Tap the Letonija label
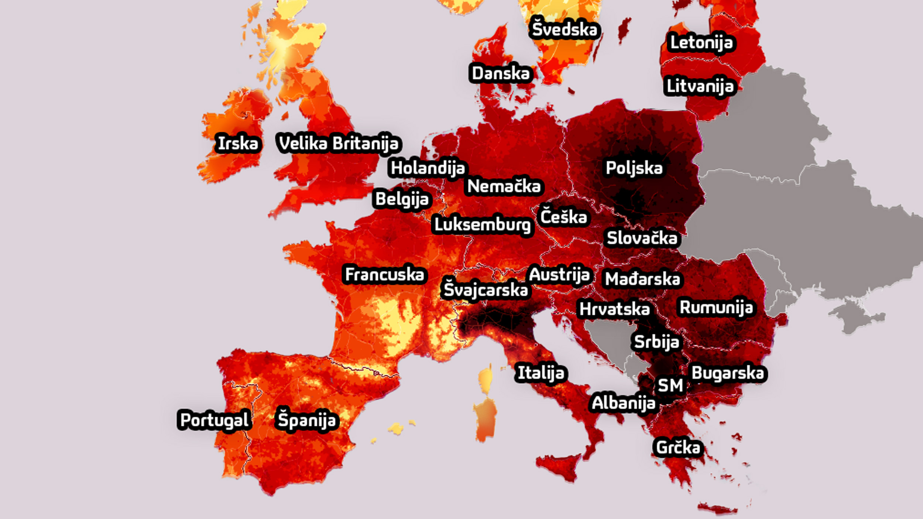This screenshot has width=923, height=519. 701,43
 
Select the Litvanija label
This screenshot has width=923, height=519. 700,86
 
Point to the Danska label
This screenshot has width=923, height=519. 501,73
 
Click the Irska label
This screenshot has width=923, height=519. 238,143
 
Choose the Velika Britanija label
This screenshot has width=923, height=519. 339,143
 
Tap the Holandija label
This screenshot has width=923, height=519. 428,168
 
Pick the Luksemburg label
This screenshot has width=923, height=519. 482,225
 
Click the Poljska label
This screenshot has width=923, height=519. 634,168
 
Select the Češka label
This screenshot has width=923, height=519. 563,217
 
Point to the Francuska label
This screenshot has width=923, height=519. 384,274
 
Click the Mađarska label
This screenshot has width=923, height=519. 642,279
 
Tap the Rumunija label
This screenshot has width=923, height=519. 716,308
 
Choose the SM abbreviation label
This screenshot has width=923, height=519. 670,386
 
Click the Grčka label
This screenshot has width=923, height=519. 678,448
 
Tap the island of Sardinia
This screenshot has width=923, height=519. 485,419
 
